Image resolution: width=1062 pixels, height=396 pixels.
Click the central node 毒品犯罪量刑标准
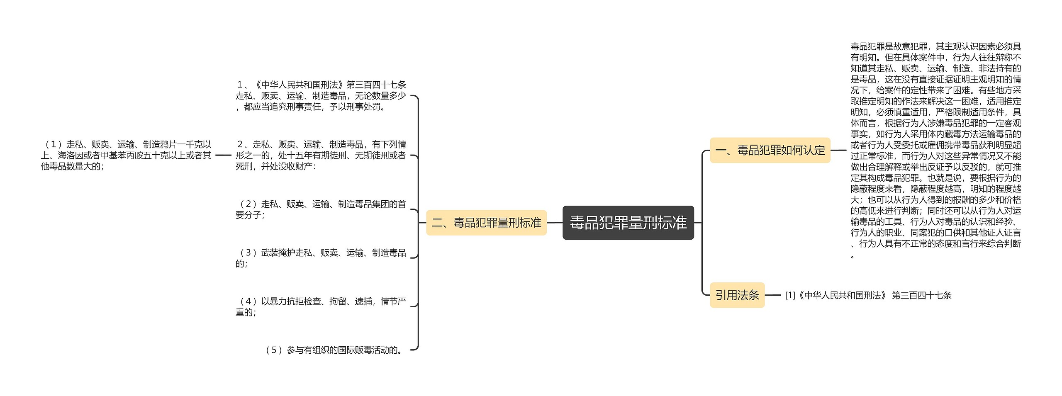pyautogui.click(x=628, y=223)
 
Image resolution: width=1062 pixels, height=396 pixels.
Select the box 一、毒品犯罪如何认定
pyautogui.click(x=770, y=150)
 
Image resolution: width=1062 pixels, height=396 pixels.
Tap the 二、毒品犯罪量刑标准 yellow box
pyautogui.click(x=486, y=223)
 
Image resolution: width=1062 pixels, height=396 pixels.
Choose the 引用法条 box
pyautogui.click(x=737, y=295)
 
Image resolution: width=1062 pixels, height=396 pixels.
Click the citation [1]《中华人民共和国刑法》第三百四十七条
pyautogui.click(x=868, y=295)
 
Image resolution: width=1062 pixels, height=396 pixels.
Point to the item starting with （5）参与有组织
pyautogui.click(x=334, y=350)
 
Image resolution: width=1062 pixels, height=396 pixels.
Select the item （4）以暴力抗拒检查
pyautogui.click(x=320, y=307)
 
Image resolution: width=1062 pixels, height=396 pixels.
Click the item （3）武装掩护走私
pyautogui.click(x=320, y=258)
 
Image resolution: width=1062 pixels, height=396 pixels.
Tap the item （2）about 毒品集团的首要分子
pyautogui.click(x=320, y=209)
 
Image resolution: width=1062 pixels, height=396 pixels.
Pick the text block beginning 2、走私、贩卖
pyautogui.click(x=320, y=155)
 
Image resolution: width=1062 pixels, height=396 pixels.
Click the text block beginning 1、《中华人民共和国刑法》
pyautogui.click(x=320, y=96)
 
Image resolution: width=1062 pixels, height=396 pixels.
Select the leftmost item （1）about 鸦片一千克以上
pyautogui.click(x=126, y=155)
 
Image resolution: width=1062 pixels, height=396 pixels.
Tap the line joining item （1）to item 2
pyautogui.click(x=223, y=155)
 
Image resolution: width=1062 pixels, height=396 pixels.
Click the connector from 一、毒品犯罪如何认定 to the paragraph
pyautogui.click(x=838, y=150)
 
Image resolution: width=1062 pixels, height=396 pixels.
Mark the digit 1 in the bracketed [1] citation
pyautogui.click(x=790, y=295)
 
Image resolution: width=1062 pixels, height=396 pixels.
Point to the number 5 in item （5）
pyautogui.click(x=273, y=350)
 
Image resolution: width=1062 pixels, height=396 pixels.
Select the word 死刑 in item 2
pyautogui.click(x=244, y=166)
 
